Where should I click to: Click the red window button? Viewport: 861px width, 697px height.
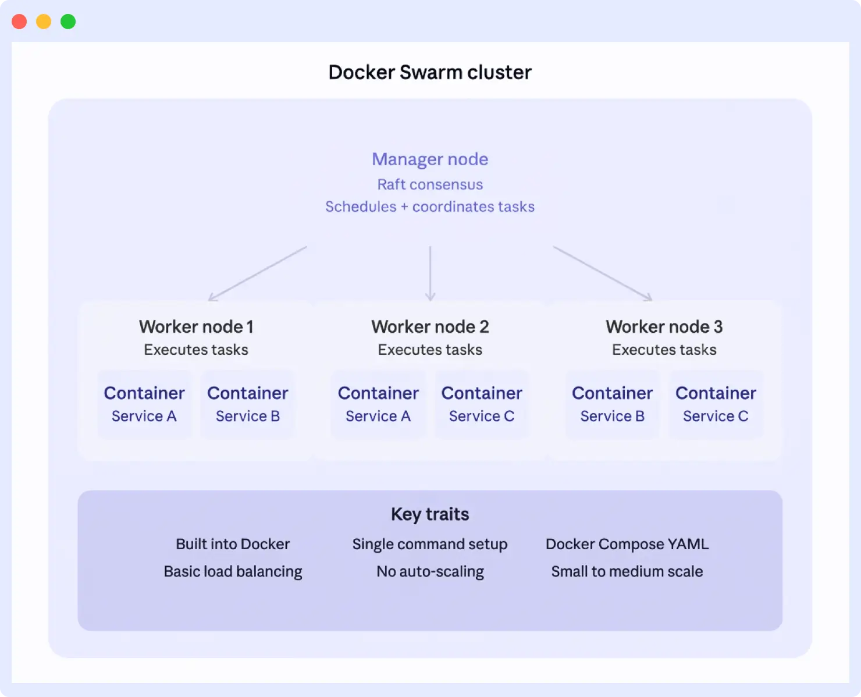pyautogui.click(x=19, y=22)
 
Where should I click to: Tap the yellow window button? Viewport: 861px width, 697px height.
pyautogui.click(x=44, y=22)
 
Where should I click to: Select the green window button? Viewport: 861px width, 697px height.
pyautogui.click(x=68, y=22)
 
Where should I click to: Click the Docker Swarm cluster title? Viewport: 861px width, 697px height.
pyautogui.click(x=430, y=72)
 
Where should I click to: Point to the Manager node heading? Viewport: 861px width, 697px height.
pyautogui.click(x=430, y=159)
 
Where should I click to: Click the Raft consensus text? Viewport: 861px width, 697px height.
pyautogui.click(x=430, y=184)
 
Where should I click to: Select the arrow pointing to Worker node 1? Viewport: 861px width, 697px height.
pyautogui.click(x=257, y=273)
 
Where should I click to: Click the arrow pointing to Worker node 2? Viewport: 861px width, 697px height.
pyautogui.click(x=430, y=273)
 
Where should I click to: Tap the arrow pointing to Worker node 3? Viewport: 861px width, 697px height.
pyautogui.click(x=603, y=273)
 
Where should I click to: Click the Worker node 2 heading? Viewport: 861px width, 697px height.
pyautogui.click(x=430, y=327)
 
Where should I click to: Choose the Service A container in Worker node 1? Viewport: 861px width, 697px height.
pyautogui.click(x=144, y=404)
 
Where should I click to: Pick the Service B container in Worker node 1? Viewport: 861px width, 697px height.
pyautogui.click(x=248, y=404)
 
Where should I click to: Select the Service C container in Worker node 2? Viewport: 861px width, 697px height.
pyautogui.click(x=482, y=404)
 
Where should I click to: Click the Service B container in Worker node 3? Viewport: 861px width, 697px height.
pyautogui.click(x=612, y=404)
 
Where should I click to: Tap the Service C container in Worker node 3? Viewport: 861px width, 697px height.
pyautogui.click(x=716, y=404)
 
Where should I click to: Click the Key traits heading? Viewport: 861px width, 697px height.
pyautogui.click(x=430, y=514)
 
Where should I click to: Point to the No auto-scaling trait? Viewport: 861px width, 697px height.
pyautogui.click(x=430, y=571)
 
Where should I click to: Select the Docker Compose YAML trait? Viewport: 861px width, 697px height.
pyautogui.click(x=627, y=544)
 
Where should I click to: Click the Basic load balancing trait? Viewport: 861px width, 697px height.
pyautogui.click(x=233, y=571)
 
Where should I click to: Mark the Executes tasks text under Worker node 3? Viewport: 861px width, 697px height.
pyautogui.click(x=664, y=350)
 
